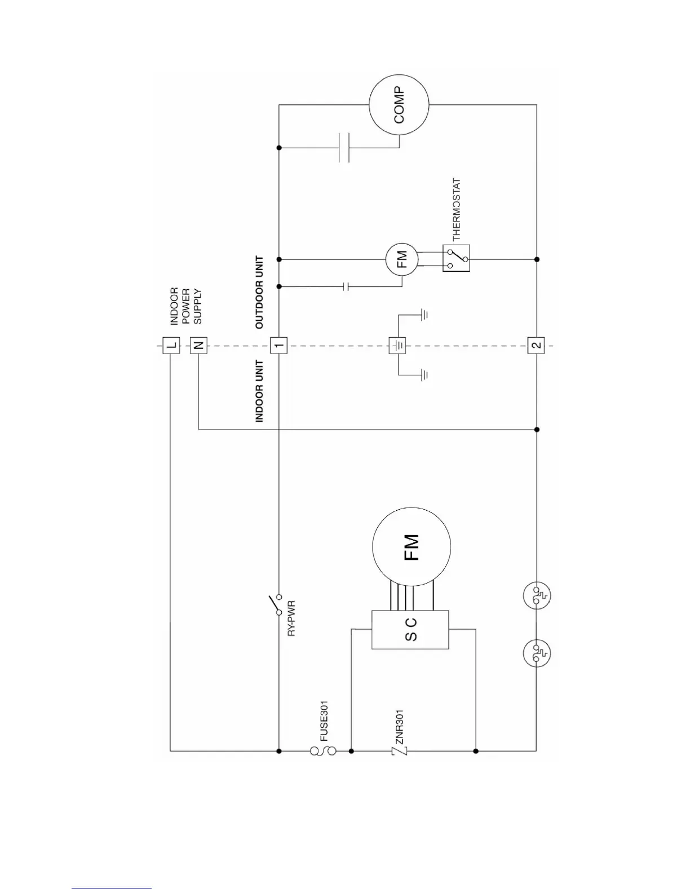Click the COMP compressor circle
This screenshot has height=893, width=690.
tap(399, 105)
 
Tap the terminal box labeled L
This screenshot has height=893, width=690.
tap(171, 345)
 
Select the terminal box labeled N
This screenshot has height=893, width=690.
tap(198, 345)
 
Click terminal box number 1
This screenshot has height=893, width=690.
tap(279, 345)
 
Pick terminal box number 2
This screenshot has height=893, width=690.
tap(536, 345)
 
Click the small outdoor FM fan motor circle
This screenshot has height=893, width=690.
tap(402, 259)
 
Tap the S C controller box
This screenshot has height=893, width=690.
tap(410, 629)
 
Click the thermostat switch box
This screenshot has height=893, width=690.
tap(456, 259)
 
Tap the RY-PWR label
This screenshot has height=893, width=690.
tap(292, 618)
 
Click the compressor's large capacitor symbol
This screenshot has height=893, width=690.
tap(344, 148)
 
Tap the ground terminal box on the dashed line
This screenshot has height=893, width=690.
tap(397, 345)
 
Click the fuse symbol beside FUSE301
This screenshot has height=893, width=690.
tap(323, 751)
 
